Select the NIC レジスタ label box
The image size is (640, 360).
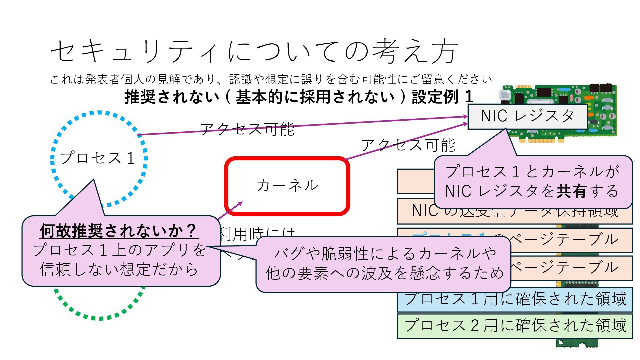(x=527, y=116)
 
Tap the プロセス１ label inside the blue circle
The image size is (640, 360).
(x=97, y=158)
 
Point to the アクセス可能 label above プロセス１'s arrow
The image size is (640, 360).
(x=247, y=129)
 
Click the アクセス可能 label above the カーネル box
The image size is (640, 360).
(x=408, y=145)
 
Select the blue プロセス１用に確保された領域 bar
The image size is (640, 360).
(x=515, y=299)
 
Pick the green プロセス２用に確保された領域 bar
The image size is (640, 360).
(x=515, y=326)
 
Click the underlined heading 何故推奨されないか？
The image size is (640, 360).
(x=119, y=231)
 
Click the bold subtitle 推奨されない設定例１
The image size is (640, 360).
(x=299, y=97)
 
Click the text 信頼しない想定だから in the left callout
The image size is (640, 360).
(x=119, y=269)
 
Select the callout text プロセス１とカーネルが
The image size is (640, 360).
(x=532, y=172)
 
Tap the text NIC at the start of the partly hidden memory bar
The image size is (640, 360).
(x=424, y=211)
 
